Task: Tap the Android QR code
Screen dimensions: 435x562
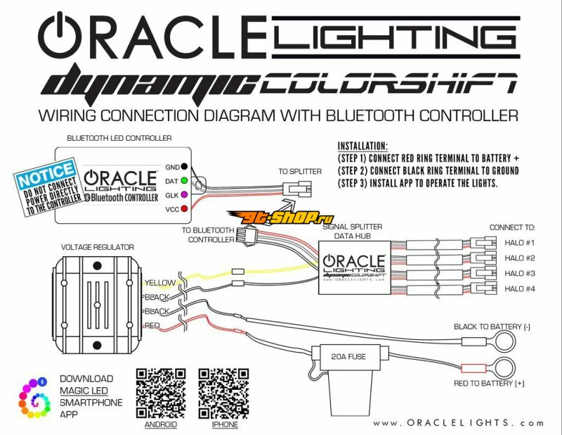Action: (160, 393)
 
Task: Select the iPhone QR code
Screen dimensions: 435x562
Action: (223, 393)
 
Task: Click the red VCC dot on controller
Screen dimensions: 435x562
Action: (184, 209)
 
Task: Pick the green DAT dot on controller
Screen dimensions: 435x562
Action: (184, 180)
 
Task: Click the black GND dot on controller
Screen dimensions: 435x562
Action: (184, 167)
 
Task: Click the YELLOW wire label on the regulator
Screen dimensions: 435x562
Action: (161, 282)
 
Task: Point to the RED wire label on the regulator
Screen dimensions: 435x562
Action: (152, 326)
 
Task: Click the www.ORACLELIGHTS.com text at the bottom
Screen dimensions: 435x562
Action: (458, 422)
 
